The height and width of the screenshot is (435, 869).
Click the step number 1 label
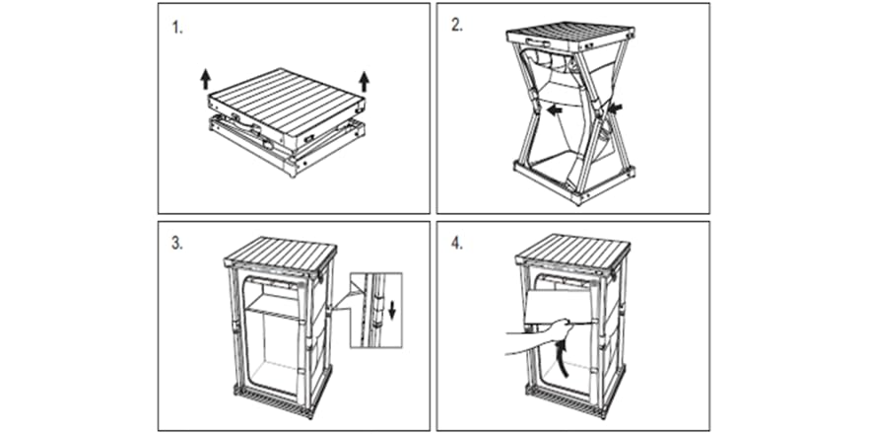coord(176,29)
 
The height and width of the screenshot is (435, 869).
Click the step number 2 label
coord(457,26)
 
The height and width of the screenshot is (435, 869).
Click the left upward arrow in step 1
coord(206,79)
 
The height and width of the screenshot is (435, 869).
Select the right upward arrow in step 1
coord(365,81)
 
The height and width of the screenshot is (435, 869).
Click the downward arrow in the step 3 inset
coord(392,310)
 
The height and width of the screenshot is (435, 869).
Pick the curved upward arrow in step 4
coord(565,358)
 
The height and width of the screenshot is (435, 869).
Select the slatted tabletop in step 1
coord(287,104)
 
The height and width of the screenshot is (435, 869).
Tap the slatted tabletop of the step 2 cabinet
coord(570,34)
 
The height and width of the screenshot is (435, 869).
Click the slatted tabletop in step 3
coord(281,253)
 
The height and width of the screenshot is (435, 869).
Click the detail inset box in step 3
coord(375,310)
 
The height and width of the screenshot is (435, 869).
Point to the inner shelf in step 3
coord(272,306)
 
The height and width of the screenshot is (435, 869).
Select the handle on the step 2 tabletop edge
coord(538,42)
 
